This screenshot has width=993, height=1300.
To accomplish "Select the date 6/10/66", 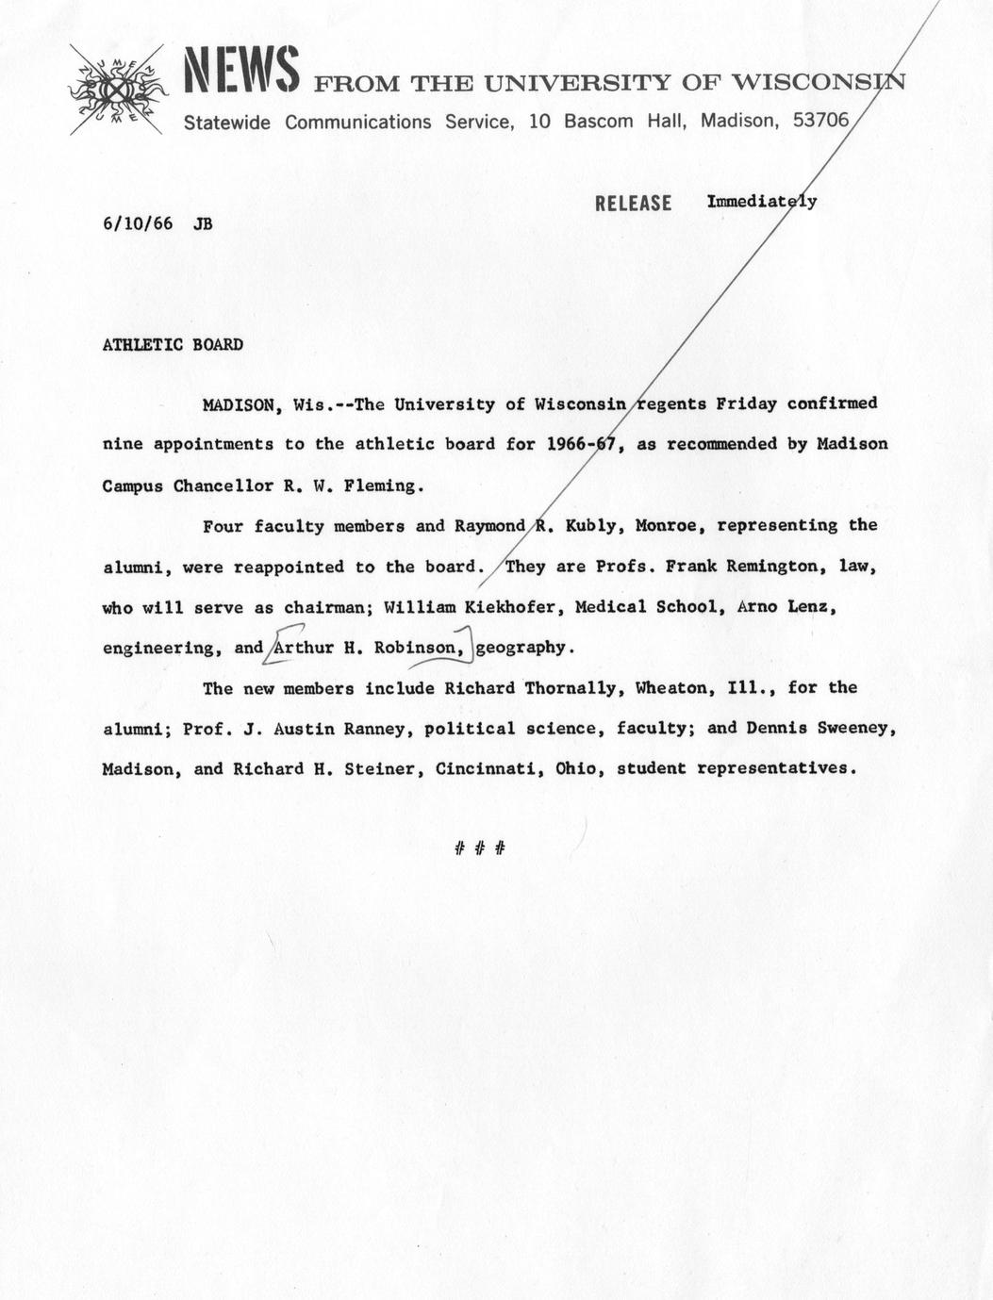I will point(138,224).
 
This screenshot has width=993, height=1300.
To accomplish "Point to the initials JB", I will point(203,224).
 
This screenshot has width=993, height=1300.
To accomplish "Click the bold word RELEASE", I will point(633,204).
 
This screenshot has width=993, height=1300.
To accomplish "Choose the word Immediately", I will point(762,202).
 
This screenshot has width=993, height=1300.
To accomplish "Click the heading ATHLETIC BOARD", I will point(173,345).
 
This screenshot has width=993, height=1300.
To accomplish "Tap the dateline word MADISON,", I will point(242,405).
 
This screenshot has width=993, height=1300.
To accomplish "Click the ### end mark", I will point(480,848).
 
